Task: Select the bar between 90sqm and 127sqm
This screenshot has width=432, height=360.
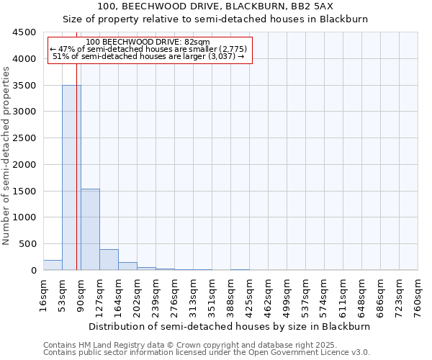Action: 90,229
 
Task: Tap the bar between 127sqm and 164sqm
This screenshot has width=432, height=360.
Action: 109,259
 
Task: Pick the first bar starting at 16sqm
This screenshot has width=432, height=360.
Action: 53,265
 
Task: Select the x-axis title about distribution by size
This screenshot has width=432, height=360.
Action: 230,326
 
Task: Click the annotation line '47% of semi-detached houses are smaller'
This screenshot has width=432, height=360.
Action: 150,48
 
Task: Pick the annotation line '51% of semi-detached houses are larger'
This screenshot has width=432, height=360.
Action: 149,56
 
